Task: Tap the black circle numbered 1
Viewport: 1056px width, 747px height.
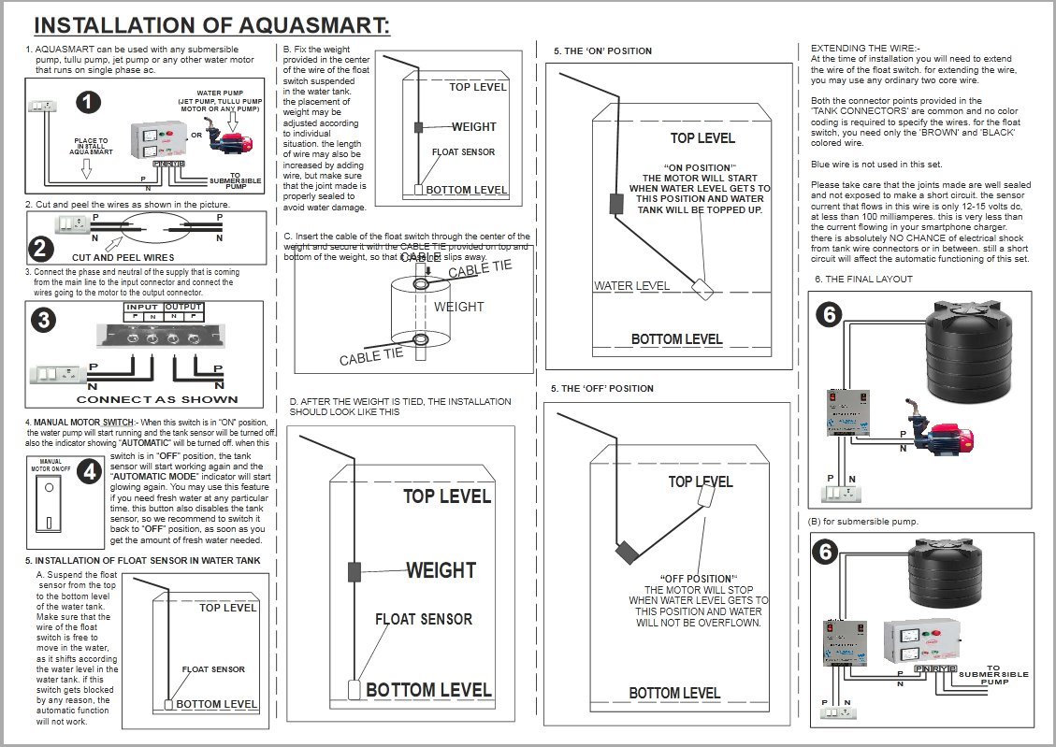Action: click(88, 103)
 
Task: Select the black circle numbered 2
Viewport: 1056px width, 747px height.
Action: click(40, 248)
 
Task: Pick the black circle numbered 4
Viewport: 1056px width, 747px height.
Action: click(90, 472)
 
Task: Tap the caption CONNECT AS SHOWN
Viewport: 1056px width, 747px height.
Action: click(156, 399)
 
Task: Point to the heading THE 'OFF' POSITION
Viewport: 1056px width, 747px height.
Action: click(603, 388)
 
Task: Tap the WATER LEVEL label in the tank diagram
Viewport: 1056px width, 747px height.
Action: click(632, 285)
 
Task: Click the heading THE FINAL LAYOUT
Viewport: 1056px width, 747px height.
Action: click(864, 279)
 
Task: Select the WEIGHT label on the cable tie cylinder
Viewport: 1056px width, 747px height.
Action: click(457, 307)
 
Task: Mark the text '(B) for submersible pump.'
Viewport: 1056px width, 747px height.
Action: click(863, 521)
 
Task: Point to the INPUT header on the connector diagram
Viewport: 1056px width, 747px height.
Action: click(143, 307)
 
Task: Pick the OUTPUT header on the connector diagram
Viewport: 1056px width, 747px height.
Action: click(183, 307)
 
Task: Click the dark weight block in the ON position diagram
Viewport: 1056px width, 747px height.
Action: click(616, 203)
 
